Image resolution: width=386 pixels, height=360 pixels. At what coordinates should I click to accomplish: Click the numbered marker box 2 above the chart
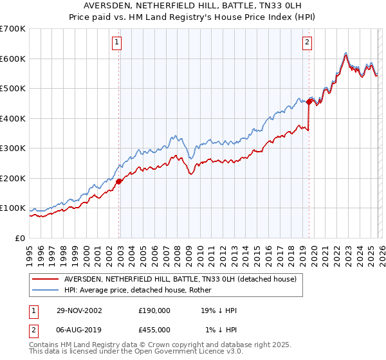(307, 43)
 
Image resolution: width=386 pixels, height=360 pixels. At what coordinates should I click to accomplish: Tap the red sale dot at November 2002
(119, 181)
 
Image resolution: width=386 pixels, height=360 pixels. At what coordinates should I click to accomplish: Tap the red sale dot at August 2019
(309, 102)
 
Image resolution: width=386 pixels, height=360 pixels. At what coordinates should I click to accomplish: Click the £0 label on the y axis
(21, 238)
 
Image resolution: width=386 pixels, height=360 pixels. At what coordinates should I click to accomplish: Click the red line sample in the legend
(45, 279)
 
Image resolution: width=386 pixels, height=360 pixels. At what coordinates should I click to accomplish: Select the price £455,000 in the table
(154, 329)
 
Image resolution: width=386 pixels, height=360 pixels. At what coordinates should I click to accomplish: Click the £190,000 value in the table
(154, 310)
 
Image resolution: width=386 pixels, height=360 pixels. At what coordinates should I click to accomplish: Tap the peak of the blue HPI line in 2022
(345, 52)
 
